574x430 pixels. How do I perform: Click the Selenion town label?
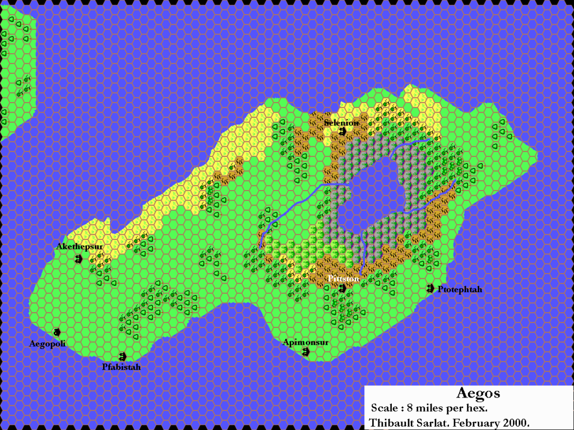click(x=341, y=123)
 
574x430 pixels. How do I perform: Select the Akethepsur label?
click(x=77, y=247)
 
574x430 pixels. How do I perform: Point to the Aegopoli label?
click(x=48, y=344)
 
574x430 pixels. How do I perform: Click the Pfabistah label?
click(x=121, y=367)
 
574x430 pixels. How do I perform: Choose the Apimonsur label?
click(x=305, y=342)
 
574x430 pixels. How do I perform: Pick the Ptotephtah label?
click(x=460, y=289)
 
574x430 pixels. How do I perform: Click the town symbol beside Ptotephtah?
click(x=430, y=288)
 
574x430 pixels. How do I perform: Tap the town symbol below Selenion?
click(x=342, y=132)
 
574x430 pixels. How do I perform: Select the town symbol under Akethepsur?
click(x=78, y=258)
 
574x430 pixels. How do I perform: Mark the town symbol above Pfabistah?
click(x=123, y=356)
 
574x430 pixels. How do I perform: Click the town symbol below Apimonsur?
click(x=306, y=352)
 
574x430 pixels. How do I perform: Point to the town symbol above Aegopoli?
click(x=57, y=332)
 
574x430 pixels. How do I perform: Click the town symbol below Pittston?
click(x=342, y=288)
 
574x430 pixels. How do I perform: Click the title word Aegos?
click(x=478, y=394)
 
